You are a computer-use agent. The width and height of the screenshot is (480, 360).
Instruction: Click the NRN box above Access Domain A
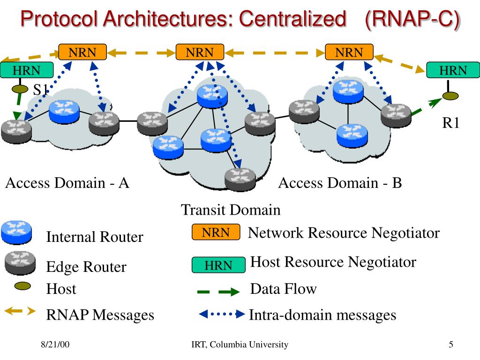(82, 52)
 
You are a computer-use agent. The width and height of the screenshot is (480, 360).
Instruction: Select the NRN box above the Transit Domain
(200, 52)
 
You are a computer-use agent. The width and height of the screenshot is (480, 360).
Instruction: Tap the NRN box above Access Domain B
(349, 52)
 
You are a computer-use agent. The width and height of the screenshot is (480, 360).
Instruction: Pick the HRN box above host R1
(453, 71)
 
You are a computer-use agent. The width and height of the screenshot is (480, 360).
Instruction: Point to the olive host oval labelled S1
(19, 88)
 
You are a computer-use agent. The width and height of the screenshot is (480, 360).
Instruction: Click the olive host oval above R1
(450, 96)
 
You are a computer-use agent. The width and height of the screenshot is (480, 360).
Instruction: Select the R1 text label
(451, 123)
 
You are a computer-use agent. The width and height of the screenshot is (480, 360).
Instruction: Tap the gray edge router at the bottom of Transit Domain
(240, 178)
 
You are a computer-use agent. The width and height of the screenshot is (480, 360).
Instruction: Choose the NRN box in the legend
(216, 232)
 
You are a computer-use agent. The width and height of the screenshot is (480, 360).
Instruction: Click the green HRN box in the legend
(218, 265)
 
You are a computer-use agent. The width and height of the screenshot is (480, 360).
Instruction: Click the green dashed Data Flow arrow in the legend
(218, 292)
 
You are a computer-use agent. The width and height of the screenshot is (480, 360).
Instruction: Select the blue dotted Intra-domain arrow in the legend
(222, 314)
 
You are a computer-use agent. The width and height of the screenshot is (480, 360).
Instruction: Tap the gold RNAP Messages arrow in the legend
(19, 311)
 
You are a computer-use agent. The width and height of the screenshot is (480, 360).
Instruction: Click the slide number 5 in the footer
(450, 345)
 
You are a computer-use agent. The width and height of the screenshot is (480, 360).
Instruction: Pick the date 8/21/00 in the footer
(55, 345)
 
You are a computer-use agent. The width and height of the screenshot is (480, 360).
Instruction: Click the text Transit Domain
(231, 210)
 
